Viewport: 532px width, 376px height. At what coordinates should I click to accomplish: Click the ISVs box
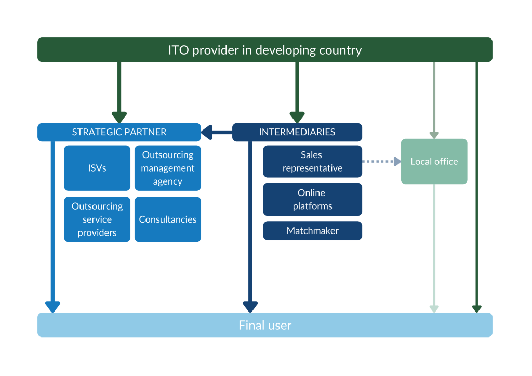click(97, 168)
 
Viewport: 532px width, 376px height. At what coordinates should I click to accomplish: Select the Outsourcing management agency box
click(167, 168)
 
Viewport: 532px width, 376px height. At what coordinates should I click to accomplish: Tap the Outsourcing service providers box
click(97, 219)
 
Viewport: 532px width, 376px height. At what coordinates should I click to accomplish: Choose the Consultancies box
click(167, 219)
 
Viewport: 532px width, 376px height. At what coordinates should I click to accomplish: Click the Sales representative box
click(312, 161)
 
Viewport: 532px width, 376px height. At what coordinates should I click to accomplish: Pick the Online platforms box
click(312, 199)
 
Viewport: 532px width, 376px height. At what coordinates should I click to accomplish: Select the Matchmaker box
click(312, 230)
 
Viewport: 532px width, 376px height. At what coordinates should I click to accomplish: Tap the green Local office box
click(434, 161)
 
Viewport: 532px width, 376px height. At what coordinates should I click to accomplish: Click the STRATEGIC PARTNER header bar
click(119, 132)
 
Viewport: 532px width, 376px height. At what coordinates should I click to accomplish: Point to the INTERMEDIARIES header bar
click(297, 132)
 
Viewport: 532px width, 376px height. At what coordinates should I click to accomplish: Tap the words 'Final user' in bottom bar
click(265, 326)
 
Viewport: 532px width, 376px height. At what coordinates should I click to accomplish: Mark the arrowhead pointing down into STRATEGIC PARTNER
click(119, 117)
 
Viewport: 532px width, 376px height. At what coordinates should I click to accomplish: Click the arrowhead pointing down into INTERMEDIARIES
click(297, 117)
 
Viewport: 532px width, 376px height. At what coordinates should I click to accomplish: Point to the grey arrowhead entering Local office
click(434, 135)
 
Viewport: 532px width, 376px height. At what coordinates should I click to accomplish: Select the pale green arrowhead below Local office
click(434, 309)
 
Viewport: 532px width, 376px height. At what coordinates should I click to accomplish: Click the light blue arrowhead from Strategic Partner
click(52, 307)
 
